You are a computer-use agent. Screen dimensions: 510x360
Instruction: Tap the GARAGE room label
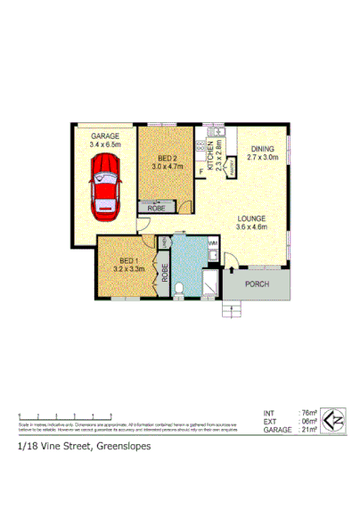coord(104,135)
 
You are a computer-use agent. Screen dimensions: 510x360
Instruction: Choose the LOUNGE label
coord(251,218)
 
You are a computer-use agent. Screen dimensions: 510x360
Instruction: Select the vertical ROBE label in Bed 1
coord(165,270)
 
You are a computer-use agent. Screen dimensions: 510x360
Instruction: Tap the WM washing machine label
coord(214,242)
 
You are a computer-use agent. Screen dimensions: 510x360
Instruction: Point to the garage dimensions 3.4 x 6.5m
coord(104,144)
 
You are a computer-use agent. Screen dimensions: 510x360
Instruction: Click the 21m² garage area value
coord(307,430)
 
